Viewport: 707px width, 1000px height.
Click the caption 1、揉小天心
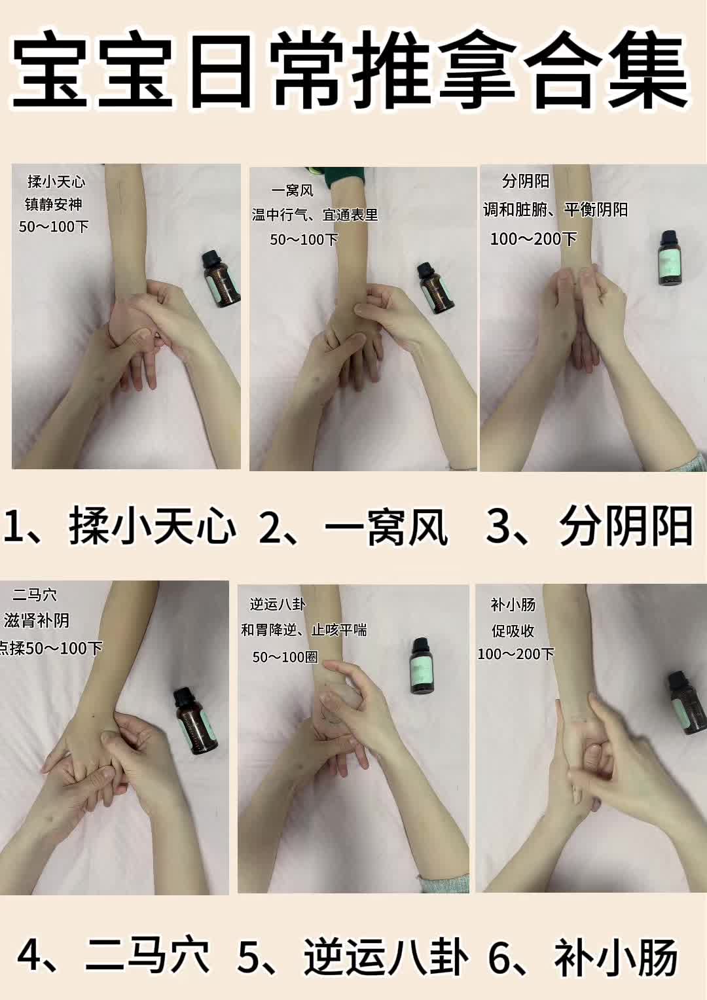coord(120,526)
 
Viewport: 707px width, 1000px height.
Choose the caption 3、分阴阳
coord(589,526)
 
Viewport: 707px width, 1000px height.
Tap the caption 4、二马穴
coord(114,955)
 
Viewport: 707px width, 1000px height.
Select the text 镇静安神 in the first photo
coord(54,204)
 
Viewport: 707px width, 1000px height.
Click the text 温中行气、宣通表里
coord(315,215)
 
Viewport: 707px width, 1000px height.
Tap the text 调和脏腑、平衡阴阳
coord(555,209)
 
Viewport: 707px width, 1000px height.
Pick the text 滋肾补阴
coord(37,620)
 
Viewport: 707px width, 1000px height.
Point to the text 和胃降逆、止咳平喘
coord(304,630)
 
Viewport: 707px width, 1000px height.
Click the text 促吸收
coord(513,631)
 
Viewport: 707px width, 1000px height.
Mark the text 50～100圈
coord(285,656)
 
